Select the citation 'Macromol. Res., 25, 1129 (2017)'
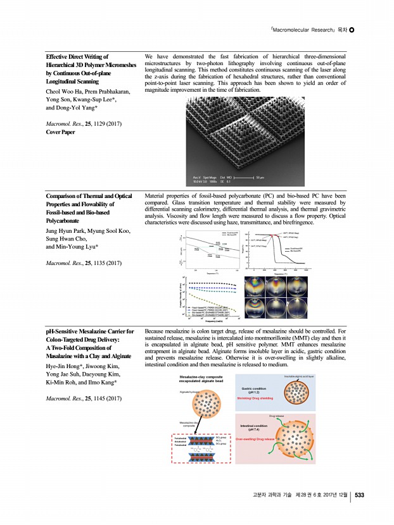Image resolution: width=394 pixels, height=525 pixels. pyautogui.click(x=86, y=123)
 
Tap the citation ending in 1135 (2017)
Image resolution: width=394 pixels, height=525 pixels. pyautogui.click(x=86, y=262)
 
